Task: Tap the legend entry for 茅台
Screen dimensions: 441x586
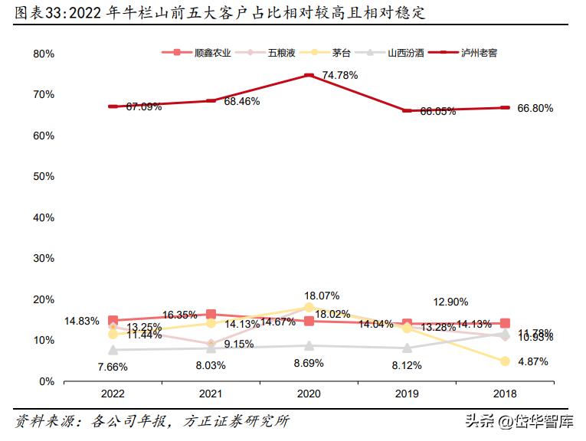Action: tap(331, 53)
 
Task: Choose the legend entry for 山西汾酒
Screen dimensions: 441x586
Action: tap(395, 53)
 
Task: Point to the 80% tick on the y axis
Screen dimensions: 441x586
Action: tap(44, 54)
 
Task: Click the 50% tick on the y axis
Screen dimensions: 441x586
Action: tap(44, 176)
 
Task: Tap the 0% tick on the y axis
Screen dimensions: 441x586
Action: tap(47, 381)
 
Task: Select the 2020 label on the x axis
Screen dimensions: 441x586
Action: tap(309, 394)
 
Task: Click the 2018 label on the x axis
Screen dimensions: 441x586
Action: tap(505, 394)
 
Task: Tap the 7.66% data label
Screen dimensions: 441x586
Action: tap(112, 367)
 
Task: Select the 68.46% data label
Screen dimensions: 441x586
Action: tap(241, 101)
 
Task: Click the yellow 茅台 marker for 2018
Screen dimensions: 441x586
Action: tap(505, 361)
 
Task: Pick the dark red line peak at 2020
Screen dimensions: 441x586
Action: tap(309, 75)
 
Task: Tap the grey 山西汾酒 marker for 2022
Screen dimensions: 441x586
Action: tap(113, 350)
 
